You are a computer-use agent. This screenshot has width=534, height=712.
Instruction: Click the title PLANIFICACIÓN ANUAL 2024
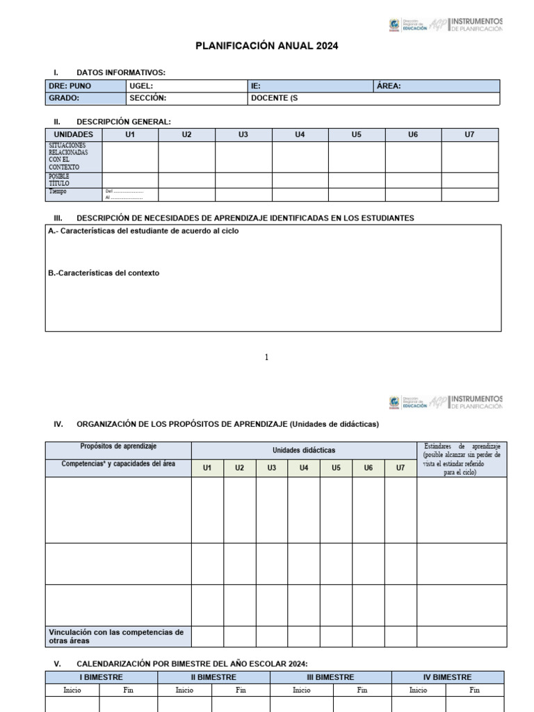point(267,46)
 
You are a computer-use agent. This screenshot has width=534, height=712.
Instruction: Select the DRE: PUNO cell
point(70,86)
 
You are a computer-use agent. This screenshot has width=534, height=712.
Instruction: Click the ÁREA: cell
point(389,86)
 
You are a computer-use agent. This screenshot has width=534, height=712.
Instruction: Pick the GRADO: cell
point(64,99)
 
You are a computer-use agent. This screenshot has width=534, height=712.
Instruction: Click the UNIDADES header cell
point(73,134)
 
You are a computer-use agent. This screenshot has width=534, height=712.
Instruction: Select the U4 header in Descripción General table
point(300,134)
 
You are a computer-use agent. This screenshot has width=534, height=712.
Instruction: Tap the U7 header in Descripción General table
point(469,134)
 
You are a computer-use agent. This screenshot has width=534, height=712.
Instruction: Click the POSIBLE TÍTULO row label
point(59,180)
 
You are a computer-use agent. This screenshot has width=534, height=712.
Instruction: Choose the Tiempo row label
point(58,191)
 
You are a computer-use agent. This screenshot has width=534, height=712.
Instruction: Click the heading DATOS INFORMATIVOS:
point(121,72)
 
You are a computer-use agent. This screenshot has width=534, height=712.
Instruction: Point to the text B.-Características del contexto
point(104,273)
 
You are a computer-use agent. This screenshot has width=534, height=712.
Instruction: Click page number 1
point(266,357)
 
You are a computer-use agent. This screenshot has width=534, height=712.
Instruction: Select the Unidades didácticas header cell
point(303,450)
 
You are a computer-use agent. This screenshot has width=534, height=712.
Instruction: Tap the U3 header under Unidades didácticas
point(271,468)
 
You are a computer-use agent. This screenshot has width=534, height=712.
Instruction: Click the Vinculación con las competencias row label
point(116,636)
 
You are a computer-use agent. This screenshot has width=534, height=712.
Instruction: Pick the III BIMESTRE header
point(330,677)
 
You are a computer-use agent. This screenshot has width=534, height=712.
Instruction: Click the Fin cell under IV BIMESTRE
point(474,690)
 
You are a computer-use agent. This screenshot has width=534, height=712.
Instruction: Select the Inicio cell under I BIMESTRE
point(72,690)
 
